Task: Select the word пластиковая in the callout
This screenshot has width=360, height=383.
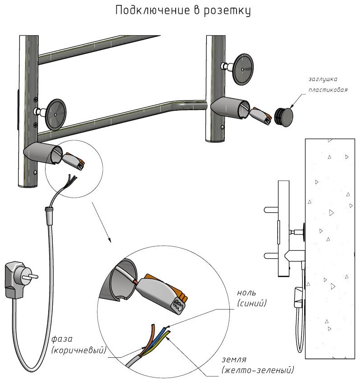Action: pos(327,90)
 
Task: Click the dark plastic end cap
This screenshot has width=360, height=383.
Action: pos(283,117)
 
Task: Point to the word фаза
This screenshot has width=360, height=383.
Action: pos(62,339)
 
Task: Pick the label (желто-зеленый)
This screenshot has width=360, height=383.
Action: pos(258,370)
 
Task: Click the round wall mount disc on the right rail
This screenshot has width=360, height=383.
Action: pos(242,69)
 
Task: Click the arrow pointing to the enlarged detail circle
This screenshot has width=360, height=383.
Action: pos(101,222)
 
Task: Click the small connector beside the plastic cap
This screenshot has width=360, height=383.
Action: pos(261,114)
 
